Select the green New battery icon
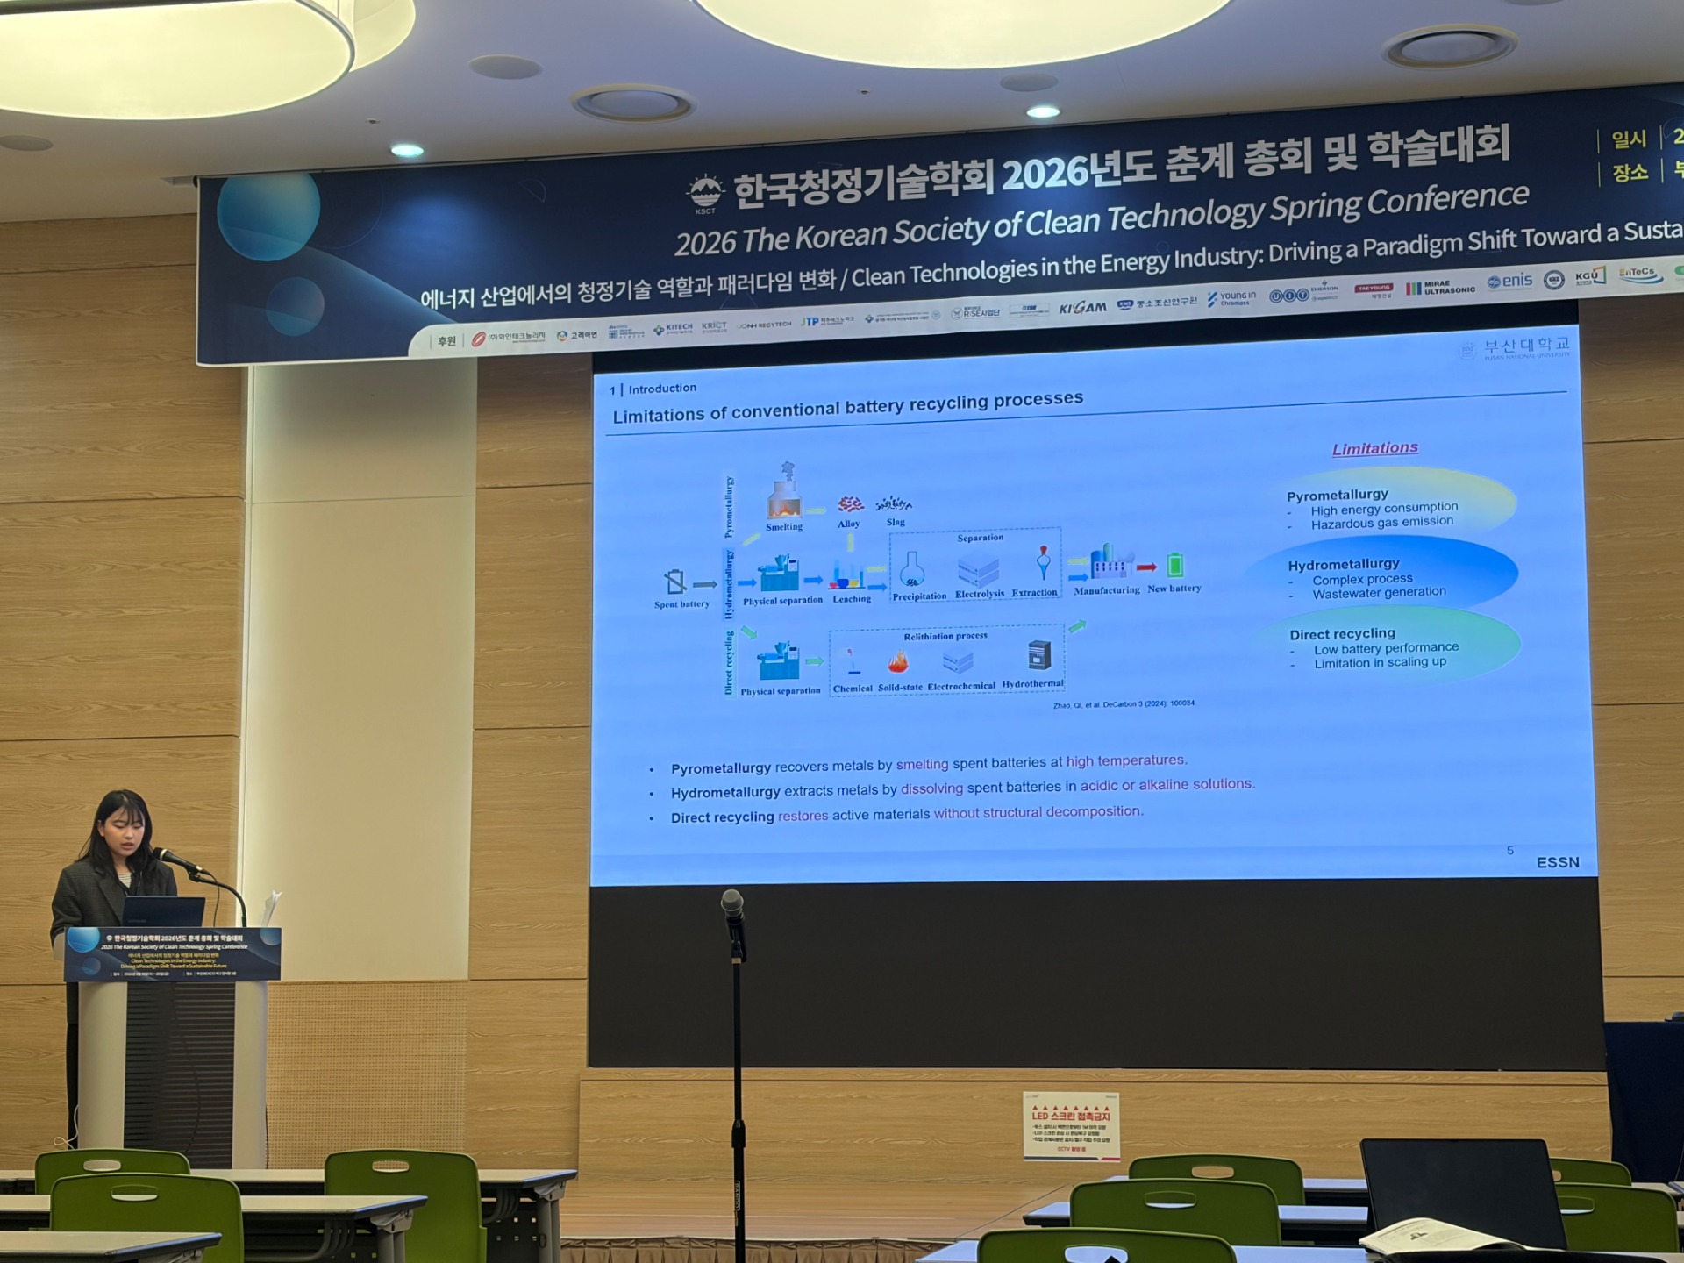[1175, 566]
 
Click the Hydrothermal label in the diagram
[1032, 684]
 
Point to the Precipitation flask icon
[912, 570]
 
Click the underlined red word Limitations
[1374, 448]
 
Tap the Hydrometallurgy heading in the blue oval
[1344, 564]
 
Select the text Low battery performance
[1386, 648]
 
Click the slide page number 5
[1509, 851]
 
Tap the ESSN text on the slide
[1557, 863]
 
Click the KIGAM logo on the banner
[1082, 308]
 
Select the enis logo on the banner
[1509, 282]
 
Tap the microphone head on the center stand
[731, 903]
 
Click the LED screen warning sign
[1071, 1126]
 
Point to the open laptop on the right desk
[1460, 1193]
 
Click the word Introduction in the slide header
[662, 389]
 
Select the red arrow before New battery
[1146, 567]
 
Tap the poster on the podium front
[173, 953]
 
